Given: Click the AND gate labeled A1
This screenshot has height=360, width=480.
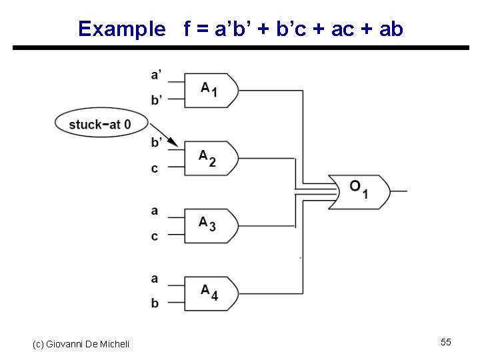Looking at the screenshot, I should point(210,89).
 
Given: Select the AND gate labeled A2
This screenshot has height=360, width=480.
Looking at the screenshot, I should point(210,158).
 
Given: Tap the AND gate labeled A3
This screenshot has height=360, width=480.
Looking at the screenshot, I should point(210,225).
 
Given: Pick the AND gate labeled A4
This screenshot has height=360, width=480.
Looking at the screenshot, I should point(210,293).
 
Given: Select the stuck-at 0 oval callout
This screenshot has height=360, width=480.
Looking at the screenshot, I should point(100,123).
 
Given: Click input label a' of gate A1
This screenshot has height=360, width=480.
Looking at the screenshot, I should point(155,75).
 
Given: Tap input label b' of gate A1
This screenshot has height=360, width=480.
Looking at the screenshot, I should point(156,100).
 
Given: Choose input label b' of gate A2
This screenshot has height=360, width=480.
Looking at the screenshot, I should point(156,142).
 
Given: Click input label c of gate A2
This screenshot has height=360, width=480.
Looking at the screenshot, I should point(155,169).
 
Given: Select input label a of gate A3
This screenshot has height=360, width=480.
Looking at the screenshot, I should point(155,211).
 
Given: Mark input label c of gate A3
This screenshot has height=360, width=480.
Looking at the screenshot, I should point(155,237).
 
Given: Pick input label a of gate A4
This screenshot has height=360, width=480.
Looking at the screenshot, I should point(155,279).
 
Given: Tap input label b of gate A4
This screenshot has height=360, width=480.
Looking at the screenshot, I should point(155,303).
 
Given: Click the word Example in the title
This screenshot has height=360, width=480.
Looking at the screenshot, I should point(121,29).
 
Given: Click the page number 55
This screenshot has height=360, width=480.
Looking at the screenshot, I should point(446,342).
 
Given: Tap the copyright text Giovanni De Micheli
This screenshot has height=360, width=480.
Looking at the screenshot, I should point(81,343).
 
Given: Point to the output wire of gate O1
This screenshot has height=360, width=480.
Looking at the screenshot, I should point(399,191).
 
